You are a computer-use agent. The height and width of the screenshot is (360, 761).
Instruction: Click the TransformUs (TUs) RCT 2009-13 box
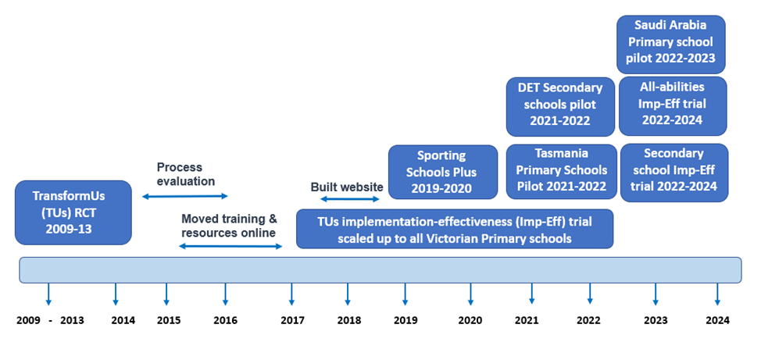(x=73, y=212)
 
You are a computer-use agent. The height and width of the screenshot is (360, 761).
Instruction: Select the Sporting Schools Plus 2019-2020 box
(x=443, y=172)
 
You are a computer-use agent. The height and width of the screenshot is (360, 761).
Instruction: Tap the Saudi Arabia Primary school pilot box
(x=670, y=45)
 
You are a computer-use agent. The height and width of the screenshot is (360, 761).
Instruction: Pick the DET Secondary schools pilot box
(x=560, y=107)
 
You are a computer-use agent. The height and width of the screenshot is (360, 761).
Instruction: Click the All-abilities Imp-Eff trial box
(x=673, y=105)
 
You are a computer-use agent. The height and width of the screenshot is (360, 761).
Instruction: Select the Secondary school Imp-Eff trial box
(x=674, y=173)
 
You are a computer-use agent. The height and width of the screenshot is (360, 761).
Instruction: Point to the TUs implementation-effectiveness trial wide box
(x=455, y=229)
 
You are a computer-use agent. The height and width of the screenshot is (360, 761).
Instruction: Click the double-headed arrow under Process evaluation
(x=185, y=196)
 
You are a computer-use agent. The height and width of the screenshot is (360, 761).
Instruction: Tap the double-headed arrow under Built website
(x=350, y=199)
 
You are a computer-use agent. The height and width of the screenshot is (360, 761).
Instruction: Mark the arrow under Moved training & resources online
(x=230, y=247)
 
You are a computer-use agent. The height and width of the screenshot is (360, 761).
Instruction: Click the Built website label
(x=347, y=187)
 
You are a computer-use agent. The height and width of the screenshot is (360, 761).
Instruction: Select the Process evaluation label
(x=185, y=174)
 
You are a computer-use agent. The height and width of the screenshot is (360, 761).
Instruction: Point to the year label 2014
(x=123, y=320)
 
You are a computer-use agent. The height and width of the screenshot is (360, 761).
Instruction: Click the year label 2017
(x=293, y=320)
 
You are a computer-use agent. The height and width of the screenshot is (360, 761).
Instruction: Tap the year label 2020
(x=470, y=320)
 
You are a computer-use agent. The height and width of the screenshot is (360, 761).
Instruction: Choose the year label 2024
(x=717, y=320)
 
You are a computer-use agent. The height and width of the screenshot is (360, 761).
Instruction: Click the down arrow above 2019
(x=405, y=294)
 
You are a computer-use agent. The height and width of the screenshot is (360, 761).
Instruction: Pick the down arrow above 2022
(x=590, y=294)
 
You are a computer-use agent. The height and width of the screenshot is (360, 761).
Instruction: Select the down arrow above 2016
(x=225, y=294)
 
